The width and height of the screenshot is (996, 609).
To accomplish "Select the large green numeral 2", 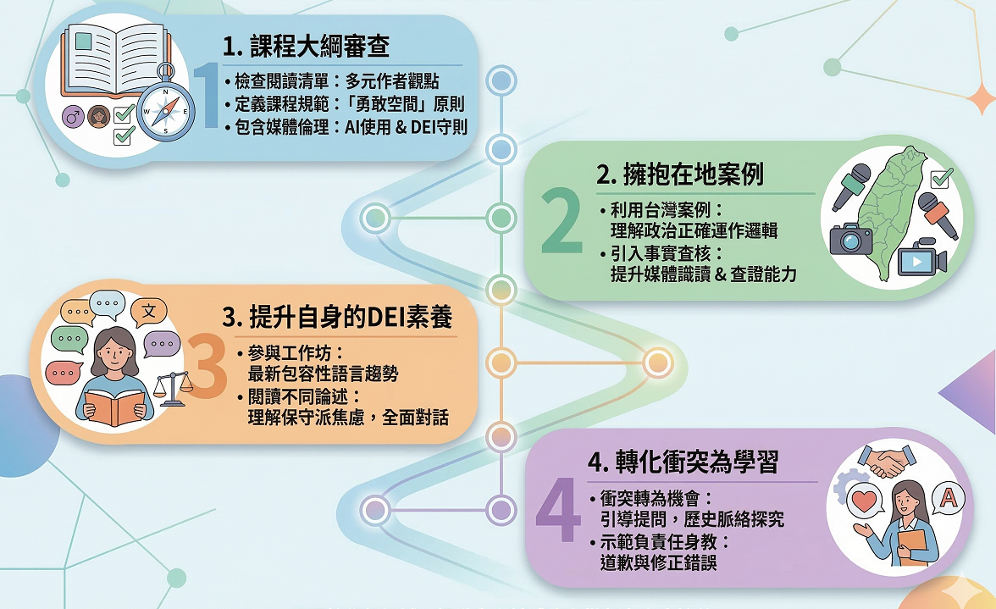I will click(561, 222).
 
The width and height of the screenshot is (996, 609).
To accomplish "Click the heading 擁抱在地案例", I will click(680, 175).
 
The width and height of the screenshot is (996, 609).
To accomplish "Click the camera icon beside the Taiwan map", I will click(850, 239).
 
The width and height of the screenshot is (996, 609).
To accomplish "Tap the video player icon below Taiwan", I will click(917, 258).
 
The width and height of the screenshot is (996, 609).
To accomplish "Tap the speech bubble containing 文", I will click(148, 312).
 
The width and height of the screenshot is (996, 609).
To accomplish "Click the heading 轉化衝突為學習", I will click(682, 462).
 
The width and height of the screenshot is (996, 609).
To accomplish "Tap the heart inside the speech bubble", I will click(864, 501).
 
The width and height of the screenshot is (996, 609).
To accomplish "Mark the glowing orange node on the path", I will click(656, 363).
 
